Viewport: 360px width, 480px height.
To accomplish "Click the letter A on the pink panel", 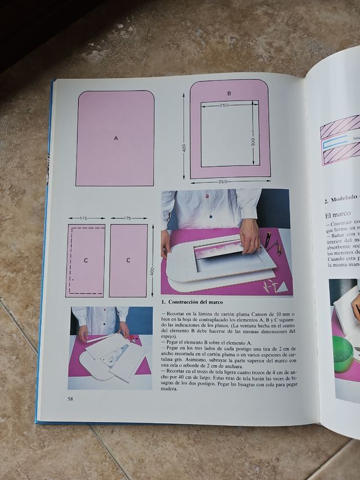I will click(116, 138).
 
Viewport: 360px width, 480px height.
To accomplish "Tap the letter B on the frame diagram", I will click(229, 93).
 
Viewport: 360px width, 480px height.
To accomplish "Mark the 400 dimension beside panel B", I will click(183, 147).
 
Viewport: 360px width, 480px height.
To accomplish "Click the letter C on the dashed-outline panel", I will click(85, 261).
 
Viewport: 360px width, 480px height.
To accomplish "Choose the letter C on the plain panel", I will click(128, 261).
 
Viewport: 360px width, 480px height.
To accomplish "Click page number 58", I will click(70, 399).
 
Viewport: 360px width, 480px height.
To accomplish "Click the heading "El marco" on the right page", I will click(337, 214).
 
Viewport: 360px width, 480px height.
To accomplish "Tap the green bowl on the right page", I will click(343, 354).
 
